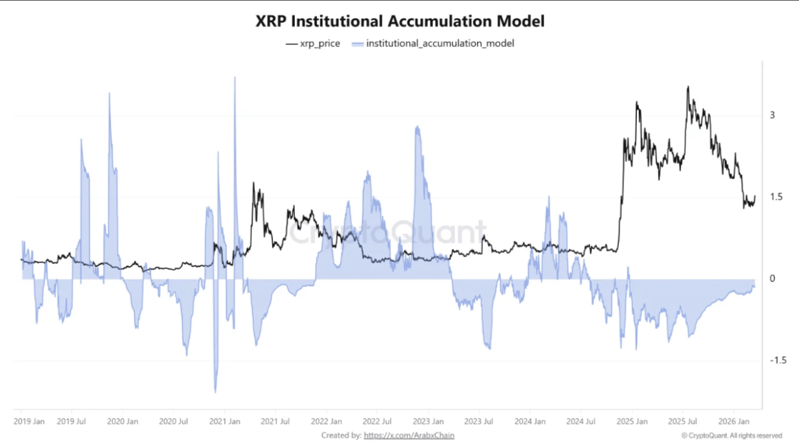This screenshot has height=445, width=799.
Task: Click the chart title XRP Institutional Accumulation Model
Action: (399, 21)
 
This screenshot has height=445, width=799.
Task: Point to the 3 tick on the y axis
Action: (772, 115)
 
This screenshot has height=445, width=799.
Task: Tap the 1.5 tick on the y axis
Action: (776, 197)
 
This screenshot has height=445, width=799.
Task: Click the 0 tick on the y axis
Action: (772, 279)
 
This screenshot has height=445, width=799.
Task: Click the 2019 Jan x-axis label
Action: (30, 422)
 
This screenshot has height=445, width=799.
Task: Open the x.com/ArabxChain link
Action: (409, 435)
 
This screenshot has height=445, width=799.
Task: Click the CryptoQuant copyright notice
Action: (731, 435)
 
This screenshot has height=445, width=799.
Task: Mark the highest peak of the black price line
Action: (688, 87)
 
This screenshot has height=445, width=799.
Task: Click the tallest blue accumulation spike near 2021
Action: (235, 78)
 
